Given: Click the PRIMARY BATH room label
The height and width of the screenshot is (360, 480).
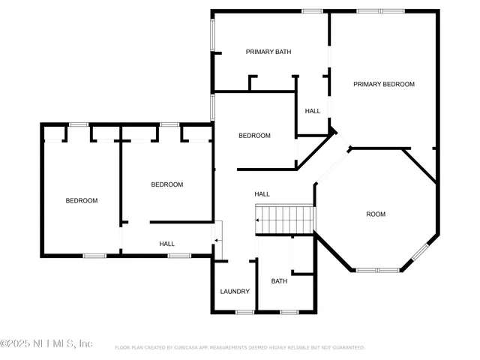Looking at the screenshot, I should (x=268, y=52).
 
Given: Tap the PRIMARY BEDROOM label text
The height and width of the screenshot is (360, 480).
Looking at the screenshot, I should (x=384, y=85).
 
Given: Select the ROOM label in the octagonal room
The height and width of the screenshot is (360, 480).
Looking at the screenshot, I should (x=375, y=214).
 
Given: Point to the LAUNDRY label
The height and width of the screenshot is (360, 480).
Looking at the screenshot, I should (x=235, y=292).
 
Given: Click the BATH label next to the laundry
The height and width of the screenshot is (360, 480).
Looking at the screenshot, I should (x=279, y=282).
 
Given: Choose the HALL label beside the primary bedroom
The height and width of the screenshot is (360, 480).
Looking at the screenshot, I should (x=312, y=111).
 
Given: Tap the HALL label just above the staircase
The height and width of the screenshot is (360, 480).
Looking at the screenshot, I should (x=262, y=194).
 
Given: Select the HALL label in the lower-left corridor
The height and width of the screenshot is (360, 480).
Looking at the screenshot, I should (x=166, y=244).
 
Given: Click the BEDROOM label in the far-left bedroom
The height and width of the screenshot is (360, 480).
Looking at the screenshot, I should (x=81, y=200).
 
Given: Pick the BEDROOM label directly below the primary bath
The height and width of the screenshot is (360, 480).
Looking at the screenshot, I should (x=254, y=136).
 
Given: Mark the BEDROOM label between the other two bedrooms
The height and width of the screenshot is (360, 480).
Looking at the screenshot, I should (x=166, y=184).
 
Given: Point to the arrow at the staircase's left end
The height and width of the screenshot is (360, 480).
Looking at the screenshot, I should (x=258, y=220).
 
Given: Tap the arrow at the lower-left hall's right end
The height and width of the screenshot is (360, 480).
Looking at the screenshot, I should (x=217, y=240).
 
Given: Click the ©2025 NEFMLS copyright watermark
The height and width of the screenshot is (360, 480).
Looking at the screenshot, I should (x=46, y=343).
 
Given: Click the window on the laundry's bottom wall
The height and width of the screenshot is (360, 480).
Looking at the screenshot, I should (x=244, y=312).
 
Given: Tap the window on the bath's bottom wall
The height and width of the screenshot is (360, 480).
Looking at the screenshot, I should (x=289, y=312).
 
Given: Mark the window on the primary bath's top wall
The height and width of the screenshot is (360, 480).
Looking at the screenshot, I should (x=312, y=11).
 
